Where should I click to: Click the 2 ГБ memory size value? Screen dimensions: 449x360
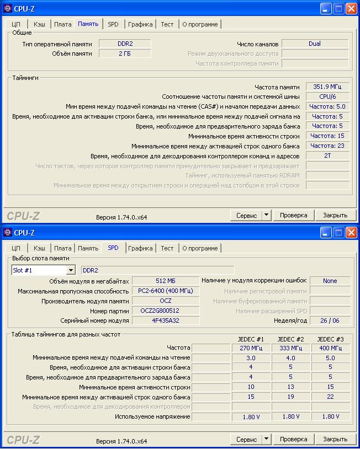click(125, 54)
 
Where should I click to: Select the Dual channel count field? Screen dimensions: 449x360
click(315, 44)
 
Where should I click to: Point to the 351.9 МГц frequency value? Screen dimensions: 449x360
click(327, 87)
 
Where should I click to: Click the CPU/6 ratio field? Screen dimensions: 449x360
click(327, 97)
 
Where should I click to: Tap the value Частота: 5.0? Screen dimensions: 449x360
click(327, 106)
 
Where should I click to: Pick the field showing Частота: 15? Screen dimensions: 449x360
click(327, 136)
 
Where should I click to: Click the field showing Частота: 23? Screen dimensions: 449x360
click(327, 146)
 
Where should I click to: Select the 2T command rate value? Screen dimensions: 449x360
click(327, 156)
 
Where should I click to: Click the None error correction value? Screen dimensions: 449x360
click(330, 281)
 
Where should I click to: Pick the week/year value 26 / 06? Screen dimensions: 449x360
click(330, 320)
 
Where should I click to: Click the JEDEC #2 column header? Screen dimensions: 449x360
click(290, 339)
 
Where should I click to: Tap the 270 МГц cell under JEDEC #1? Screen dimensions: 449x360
click(251, 348)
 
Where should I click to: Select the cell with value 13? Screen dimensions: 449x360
click(290, 387)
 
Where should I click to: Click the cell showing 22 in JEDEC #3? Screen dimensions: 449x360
click(330, 397)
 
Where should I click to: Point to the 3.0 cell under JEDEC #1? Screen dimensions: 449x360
click(251, 358)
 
